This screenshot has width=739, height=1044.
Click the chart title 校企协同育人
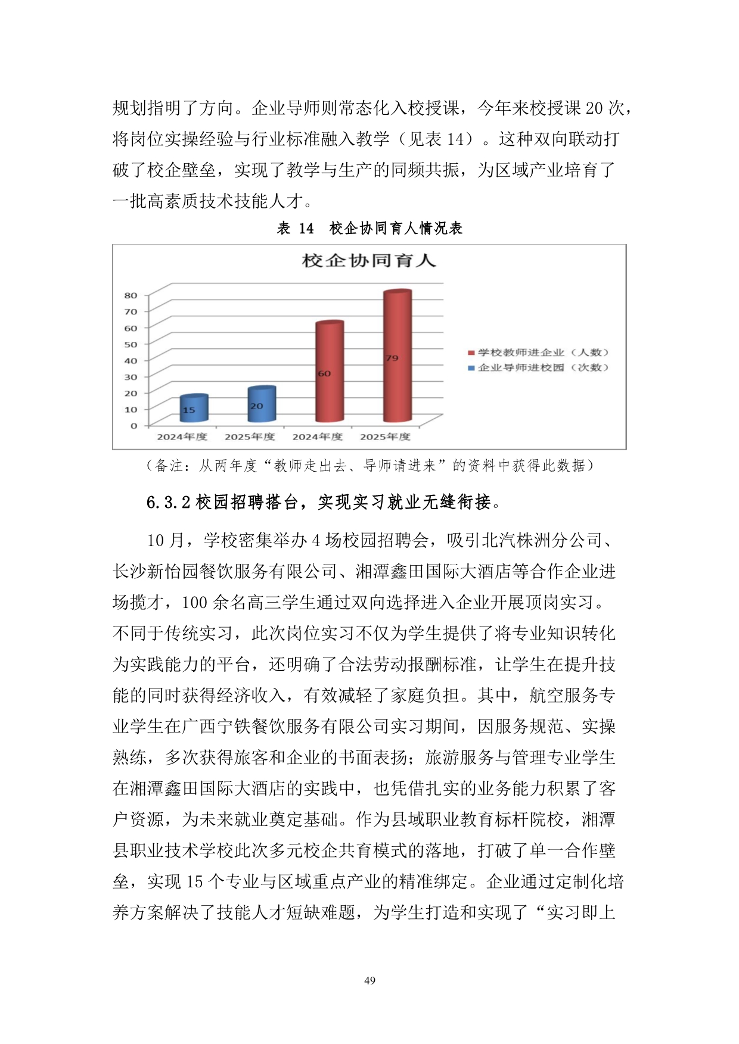click(369, 261)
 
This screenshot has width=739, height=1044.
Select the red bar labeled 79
click(398, 357)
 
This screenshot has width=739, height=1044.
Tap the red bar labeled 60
click(330, 373)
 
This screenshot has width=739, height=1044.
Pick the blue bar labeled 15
click(194, 409)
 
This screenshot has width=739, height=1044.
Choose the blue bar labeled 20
click(262, 405)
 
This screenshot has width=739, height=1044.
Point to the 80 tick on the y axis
click(131, 295)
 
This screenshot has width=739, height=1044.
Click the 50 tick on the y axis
click(131, 344)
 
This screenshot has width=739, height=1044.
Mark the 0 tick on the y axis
click(133, 426)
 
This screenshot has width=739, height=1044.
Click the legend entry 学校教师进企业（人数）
click(543, 353)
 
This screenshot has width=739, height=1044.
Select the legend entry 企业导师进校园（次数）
click(543, 367)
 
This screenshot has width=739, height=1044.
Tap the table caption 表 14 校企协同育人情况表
click(369, 228)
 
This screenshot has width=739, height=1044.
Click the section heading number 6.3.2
click(168, 503)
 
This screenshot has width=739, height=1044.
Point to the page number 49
click(369, 980)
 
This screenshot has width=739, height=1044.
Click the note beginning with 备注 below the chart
click(369, 466)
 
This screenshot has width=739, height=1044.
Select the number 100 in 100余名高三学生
click(194, 603)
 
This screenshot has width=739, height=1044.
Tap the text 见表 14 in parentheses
click(440, 139)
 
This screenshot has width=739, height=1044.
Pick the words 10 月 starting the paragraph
click(165, 541)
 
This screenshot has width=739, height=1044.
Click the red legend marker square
click(471, 353)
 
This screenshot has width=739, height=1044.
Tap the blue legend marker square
click(471, 367)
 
